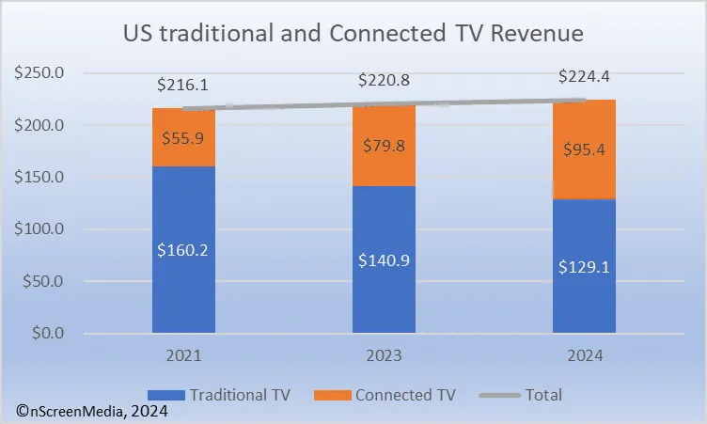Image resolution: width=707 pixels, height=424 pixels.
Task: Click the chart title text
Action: (353, 34)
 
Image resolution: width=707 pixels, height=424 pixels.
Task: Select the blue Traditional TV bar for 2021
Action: (182, 282)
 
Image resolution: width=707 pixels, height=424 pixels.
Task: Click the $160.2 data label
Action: (182, 250)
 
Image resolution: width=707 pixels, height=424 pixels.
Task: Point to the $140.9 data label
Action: (384, 259)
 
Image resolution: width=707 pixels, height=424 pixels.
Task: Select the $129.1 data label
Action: (583, 266)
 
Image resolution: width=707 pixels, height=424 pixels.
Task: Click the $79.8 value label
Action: (384, 145)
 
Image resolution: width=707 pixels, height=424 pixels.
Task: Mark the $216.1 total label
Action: (182, 85)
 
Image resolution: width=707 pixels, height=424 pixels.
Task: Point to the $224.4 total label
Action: (583, 77)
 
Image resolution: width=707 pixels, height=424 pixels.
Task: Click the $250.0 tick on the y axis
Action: (40, 73)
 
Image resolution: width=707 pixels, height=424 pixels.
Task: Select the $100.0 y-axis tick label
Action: (40, 229)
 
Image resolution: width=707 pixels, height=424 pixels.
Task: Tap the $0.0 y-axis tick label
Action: (47, 334)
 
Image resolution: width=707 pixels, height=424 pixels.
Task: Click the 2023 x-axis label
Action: (384, 356)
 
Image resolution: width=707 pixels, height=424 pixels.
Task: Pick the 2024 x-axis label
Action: (583, 356)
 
